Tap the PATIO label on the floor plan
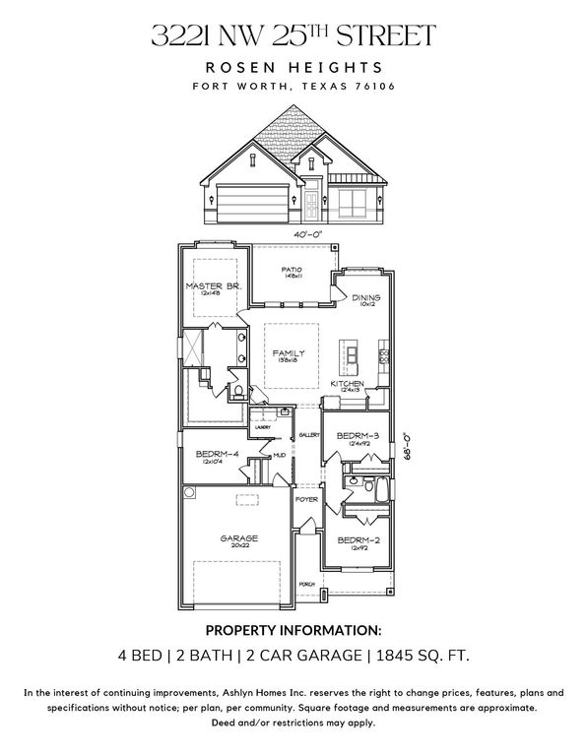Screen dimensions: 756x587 pyautogui.click(x=292, y=270)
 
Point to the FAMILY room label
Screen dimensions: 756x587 pyautogui.click(x=289, y=353)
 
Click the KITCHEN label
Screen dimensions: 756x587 pyautogui.click(x=348, y=383)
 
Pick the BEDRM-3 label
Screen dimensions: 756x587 pyautogui.click(x=359, y=435)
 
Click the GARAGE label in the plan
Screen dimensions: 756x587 pyautogui.click(x=238, y=538)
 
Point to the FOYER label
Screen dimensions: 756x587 pyautogui.click(x=307, y=500)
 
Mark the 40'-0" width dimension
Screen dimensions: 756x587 pyautogui.click(x=308, y=234)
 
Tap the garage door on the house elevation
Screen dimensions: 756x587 pyautogui.click(x=252, y=204)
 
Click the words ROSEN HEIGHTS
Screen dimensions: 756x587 pyautogui.click(x=293, y=66)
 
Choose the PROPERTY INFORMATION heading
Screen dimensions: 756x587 pyautogui.click(x=293, y=629)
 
